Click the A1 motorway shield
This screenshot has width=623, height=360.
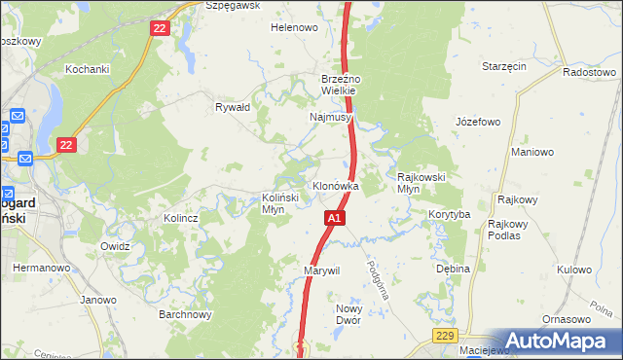(334, 219)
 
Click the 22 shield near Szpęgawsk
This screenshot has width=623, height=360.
(161, 29)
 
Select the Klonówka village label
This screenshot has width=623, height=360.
(335, 186)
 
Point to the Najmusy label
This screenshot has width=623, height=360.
(330, 117)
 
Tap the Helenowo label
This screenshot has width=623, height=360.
(294, 27)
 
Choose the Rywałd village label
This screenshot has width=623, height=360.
(234, 107)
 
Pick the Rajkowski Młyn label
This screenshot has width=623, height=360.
(421, 183)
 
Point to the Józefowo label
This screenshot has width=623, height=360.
(477, 122)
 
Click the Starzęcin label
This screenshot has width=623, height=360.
(504, 66)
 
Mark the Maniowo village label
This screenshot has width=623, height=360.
(532, 152)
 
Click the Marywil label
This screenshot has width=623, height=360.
(321, 270)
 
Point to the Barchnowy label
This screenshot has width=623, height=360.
(185, 314)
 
